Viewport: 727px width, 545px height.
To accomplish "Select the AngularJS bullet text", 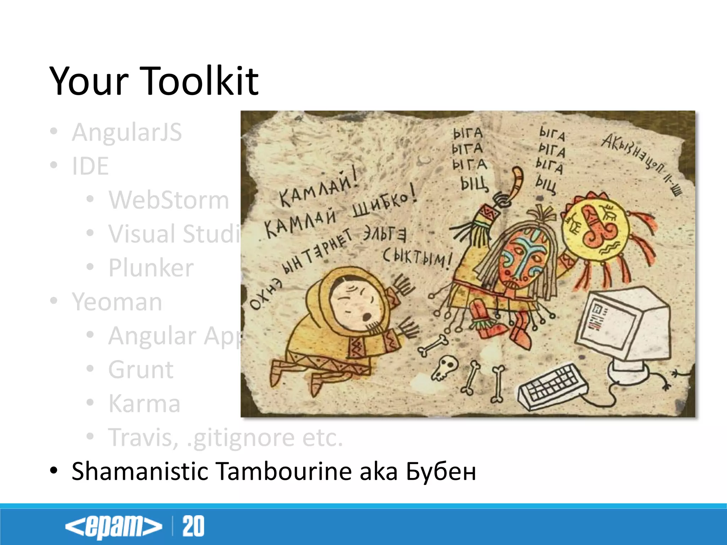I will [127, 132].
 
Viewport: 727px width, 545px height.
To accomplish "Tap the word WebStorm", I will [169, 200].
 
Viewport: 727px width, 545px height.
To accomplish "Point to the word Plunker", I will [151, 268].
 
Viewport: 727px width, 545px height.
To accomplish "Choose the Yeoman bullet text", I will [117, 302].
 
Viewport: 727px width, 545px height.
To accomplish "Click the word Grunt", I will [141, 370].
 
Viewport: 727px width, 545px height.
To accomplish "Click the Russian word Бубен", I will [441, 472].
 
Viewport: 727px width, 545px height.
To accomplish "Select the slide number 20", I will [193, 526].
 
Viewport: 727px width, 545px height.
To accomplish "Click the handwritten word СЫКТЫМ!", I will [417, 257].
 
